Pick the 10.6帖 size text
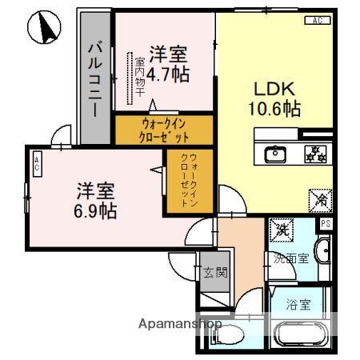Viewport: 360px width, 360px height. pyautogui.click(x=274, y=109)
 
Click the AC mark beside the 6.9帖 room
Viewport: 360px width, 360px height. pyautogui.click(x=38, y=165)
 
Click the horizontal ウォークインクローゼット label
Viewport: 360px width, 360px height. pyautogui.click(x=165, y=130)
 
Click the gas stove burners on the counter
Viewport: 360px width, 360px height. pyautogui.click(x=311, y=152)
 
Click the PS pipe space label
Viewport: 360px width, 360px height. pyautogui.click(x=325, y=224)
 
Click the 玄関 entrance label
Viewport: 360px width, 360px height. pyautogui.click(x=214, y=272)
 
